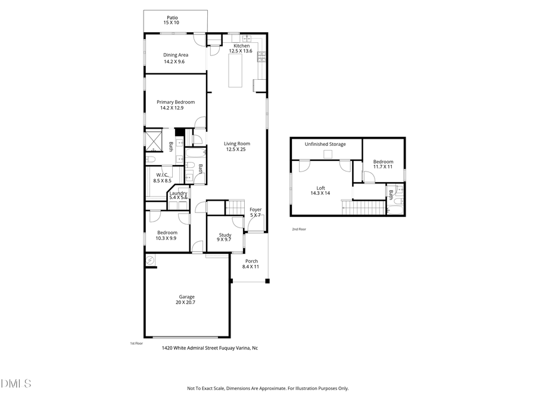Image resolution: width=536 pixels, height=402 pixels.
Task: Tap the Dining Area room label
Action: pos(176,55)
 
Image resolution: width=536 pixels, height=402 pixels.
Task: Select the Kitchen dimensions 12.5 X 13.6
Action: pos(241,51)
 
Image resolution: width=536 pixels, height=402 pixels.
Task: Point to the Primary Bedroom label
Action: pos(176,102)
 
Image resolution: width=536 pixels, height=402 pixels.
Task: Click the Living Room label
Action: pos(236,144)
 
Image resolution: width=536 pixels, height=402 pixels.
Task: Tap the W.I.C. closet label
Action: pos(162,174)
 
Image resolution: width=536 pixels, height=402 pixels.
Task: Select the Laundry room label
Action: pos(179,193)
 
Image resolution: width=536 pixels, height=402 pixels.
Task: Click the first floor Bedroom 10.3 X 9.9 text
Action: pos(167,238)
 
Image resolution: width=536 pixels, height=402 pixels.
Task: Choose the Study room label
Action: pos(225,235)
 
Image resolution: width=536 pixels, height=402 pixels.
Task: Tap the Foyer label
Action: pos(255,210)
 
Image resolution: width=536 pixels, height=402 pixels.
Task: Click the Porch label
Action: pos(251,261)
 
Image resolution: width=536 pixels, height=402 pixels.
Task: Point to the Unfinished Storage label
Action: pos(325,144)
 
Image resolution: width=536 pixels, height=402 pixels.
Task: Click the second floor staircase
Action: pos(363,208)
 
